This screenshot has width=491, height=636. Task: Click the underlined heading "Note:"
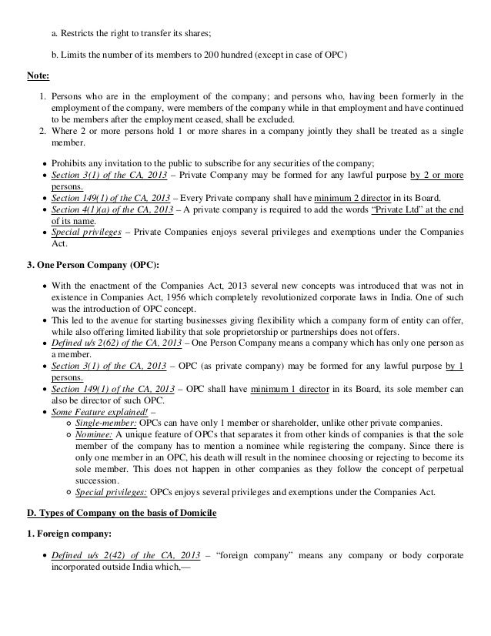[38, 75]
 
